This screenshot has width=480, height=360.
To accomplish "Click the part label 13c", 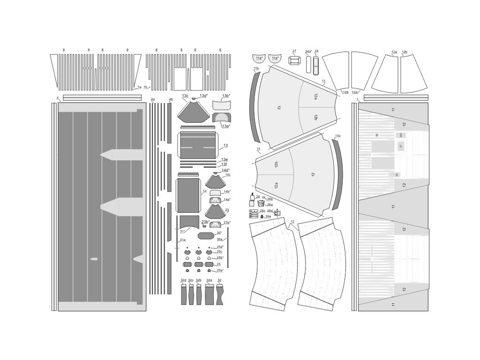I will [x=185, y=96].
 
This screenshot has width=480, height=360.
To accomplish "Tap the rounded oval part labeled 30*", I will [x=207, y=235].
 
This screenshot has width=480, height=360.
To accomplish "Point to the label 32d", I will [x=184, y=280].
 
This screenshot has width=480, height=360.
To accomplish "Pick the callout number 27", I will [x=294, y=51].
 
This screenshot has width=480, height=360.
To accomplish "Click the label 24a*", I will [x=308, y=51].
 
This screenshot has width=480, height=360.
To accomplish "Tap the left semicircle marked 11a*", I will [x=259, y=59].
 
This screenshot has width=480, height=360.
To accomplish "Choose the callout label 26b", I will [x=270, y=199].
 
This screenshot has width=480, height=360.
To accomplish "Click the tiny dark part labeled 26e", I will [x=262, y=217].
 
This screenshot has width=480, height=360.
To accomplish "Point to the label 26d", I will [x=270, y=211].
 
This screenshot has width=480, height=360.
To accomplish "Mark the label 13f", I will [x=225, y=164].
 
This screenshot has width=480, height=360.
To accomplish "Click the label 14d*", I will [x=225, y=170].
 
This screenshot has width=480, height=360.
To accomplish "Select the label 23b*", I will [x=205, y=222].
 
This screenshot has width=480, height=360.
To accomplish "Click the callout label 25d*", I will [x=220, y=247].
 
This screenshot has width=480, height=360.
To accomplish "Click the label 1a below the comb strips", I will [x=139, y=87].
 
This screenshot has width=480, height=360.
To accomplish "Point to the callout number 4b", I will [x=171, y=99].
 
